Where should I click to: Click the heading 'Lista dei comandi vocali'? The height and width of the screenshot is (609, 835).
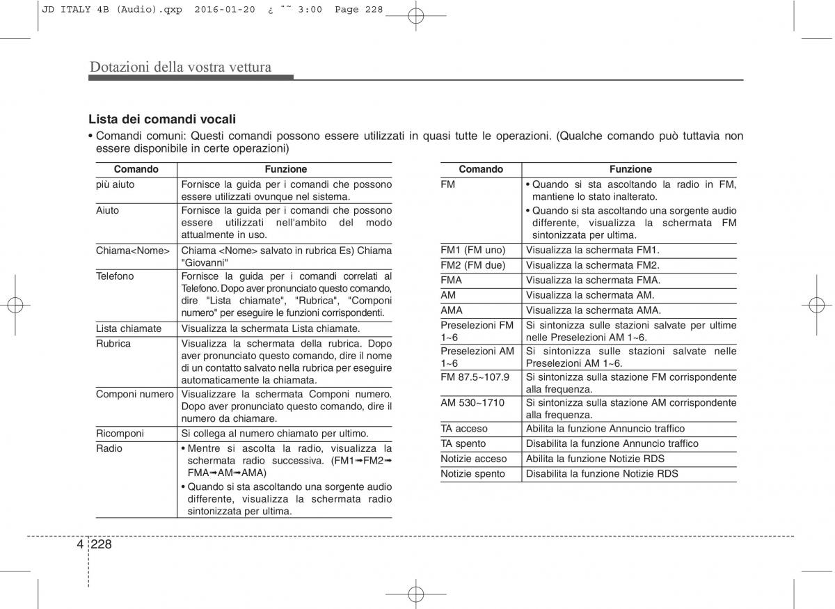pyautogui.click(x=162, y=120)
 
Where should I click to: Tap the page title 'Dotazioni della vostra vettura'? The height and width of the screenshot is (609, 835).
pyautogui.click(x=180, y=68)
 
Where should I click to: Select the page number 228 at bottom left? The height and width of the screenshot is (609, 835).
pyautogui.click(x=101, y=544)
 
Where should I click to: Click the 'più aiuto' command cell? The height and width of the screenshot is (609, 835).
pyautogui.click(x=116, y=184)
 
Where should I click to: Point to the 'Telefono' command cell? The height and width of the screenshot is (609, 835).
pyautogui.click(x=115, y=276)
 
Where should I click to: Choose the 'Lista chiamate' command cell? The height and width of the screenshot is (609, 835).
pyautogui.click(x=129, y=329)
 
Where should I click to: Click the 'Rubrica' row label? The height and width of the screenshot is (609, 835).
pyautogui.click(x=113, y=344)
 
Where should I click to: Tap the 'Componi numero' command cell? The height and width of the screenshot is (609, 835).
pyautogui.click(x=135, y=395)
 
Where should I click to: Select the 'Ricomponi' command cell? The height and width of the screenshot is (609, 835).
pyautogui.click(x=120, y=434)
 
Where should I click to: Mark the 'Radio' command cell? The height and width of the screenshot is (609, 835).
pyautogui.click(x=109, y=449)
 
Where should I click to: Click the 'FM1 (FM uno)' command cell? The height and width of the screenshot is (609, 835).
pyautogui.click(x=473, y=250)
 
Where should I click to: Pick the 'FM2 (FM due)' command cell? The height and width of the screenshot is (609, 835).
pyautogui.click(x=473, y=265)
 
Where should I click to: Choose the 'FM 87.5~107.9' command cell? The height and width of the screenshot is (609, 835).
pyautogui.click(x=475, y=377)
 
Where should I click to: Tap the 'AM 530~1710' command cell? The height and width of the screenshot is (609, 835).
pyautogui.click(x=473, y=403)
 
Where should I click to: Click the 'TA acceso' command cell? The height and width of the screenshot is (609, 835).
pyautogui.click(x=464, y=429)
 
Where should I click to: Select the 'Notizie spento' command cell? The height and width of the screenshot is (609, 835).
pyautogui.click(x=473, y=474)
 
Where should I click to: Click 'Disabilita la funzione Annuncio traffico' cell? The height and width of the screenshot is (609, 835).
pyautogui.click(x=612, y=443)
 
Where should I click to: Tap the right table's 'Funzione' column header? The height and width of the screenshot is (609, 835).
pyautogui.click(x=630, y=169)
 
